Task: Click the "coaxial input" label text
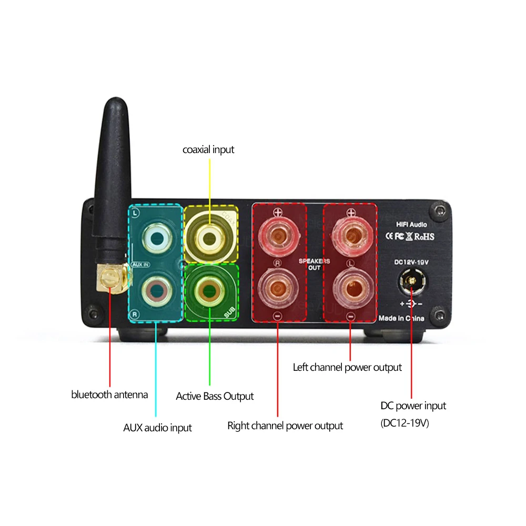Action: (x=208, y=150)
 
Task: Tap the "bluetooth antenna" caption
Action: (x=109, y=394)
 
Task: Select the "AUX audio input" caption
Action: (x=157, y=427)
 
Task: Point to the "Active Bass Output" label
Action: (x=215, y=396)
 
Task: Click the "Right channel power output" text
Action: (x=285, y=426)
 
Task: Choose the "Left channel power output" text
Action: (x=347, y=367)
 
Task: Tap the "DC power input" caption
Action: (x=413, y=406)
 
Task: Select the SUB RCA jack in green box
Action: (x=209, y=290)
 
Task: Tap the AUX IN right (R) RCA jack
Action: (x=156, y=290)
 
